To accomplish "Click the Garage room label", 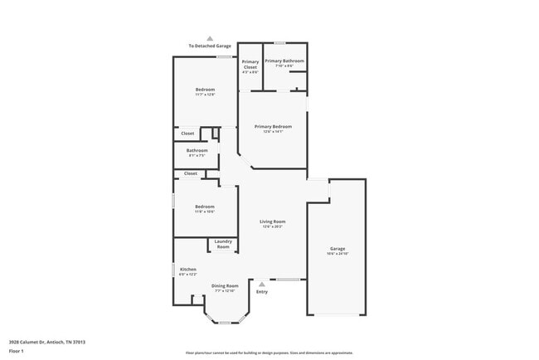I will coord(337,248).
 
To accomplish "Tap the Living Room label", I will coord(272,221).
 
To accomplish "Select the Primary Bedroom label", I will coord(273,126).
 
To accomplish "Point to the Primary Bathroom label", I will coord(284,61).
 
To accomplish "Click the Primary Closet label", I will coord(250,64).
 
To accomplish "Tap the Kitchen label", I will coord(188,269).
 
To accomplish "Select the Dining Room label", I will coord(225,285).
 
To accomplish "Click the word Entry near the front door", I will coord(262,291).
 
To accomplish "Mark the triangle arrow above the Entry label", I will coord(262,284).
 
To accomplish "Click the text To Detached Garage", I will coord(209,46).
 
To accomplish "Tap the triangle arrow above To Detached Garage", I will coord(210,38).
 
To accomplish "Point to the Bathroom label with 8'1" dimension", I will coord(197,150).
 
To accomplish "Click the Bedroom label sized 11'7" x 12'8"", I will coord(205,89).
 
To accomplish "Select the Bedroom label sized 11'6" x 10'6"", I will coord(205,207).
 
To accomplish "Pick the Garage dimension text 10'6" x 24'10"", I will coord(337,253).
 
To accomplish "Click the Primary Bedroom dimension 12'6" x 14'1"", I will coord(273,131).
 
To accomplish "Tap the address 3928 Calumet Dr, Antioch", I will coord(47,341).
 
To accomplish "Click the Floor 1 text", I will coord(17,351).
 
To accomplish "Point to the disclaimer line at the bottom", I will coord(269,353).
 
